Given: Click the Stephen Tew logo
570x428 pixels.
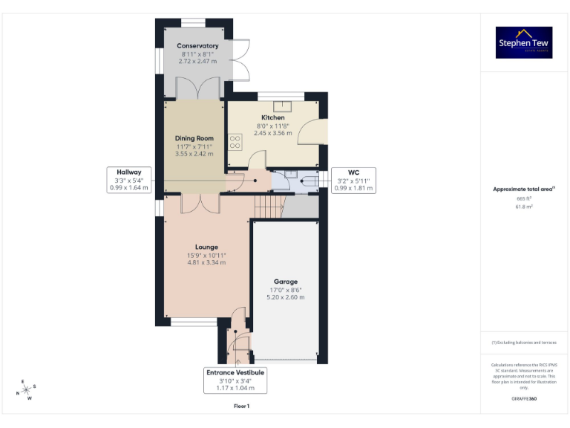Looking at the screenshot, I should coord(524,42).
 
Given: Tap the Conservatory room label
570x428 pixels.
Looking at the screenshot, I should coord(197,46).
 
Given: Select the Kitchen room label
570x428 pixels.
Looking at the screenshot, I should coord(272,117).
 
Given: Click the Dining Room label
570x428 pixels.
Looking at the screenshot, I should coord(194,138).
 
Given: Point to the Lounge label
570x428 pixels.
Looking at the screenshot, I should coord(206,247).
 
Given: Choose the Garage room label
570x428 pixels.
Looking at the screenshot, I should coord(286,282).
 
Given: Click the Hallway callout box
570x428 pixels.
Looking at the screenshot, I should coord(128,180).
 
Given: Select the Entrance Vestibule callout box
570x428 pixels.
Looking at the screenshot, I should coord(235,380).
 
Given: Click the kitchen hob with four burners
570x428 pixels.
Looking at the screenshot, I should coord(235,141).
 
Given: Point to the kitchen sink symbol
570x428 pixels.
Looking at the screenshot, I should coord(281,106).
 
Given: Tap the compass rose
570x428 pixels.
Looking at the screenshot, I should coord(26,389).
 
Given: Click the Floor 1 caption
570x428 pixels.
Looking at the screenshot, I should coord(241,406).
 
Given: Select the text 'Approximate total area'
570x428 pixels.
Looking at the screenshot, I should coord(524,189).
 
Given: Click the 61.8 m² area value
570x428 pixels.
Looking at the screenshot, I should coord(525,207).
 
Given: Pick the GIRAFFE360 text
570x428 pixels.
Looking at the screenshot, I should coord(524,400).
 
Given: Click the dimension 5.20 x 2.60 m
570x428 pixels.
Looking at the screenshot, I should coord(286,297).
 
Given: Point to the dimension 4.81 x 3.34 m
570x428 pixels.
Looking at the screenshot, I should coord(206,262).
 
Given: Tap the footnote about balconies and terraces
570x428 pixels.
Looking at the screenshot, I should coord(524,342).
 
